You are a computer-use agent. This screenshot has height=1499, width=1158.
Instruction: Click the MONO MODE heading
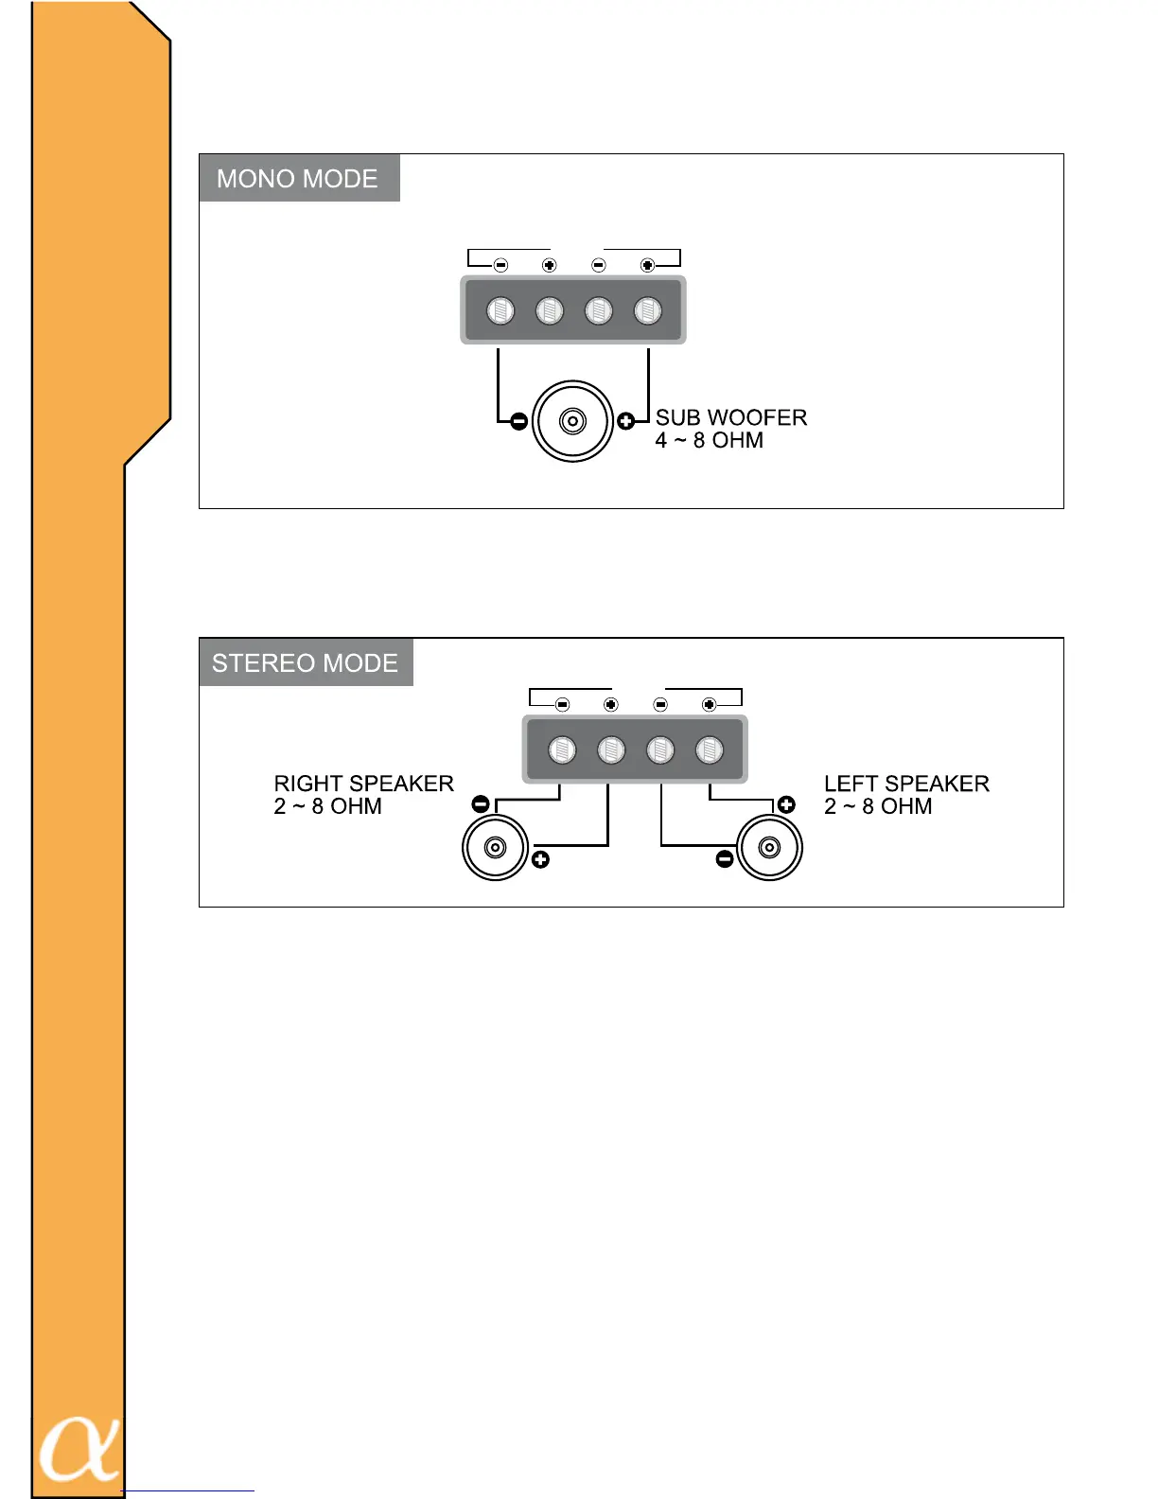pos(298,179)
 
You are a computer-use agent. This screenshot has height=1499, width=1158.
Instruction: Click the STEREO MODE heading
pos(305,662)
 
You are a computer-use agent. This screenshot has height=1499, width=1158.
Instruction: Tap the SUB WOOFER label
pos(730,417)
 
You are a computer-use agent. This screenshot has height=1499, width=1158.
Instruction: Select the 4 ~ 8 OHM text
pos(709,440)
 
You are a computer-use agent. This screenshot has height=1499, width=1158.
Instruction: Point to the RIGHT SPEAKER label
pos(363,784)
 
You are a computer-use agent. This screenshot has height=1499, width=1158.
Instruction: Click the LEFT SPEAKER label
pos(906,784)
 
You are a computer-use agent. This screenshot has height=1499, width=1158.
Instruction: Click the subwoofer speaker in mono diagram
pos(572,421)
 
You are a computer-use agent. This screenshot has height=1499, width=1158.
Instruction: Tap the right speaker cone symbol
pos(494,847)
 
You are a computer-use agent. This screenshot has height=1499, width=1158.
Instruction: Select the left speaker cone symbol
pos(769,847)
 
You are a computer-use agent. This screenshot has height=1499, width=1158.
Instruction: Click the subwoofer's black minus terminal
pos(518,422)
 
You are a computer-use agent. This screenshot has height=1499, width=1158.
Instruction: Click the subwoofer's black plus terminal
pos(625,421)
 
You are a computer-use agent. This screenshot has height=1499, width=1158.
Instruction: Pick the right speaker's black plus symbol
pos(540,859)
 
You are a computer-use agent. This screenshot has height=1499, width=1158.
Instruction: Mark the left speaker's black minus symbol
pos(725,859)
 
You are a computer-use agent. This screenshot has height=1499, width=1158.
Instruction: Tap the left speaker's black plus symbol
pos(786,805)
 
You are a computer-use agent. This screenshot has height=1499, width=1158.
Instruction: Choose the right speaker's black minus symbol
pos(481,804)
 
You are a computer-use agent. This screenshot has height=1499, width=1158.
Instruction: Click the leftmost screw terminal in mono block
pos(500,310)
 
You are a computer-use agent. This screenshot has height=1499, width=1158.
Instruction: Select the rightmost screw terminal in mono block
pos(647,310)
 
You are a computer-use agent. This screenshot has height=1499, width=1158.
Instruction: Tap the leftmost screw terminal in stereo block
pos(562,750)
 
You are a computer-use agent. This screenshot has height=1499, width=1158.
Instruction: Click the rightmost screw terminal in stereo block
pos(709,750)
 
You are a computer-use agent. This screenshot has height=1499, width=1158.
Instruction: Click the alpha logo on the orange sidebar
pos(79,1449)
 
